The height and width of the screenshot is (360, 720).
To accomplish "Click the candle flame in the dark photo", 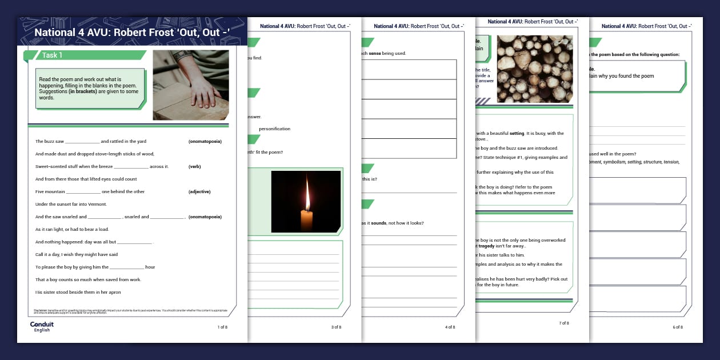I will click(x=307, y=197).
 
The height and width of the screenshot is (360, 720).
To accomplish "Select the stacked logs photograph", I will click(x=535, y=69).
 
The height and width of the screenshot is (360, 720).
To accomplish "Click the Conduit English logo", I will click(x=42, y=326).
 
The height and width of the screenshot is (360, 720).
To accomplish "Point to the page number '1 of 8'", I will click(x=222, y=327).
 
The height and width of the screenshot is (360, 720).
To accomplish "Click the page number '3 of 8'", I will click(x=336, y=327).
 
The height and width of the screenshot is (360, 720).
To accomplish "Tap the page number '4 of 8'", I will click(x=450, y=327).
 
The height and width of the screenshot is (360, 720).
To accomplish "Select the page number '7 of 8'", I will click(x=563, y=323).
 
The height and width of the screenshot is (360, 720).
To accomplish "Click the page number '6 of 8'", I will click(x=678, y=327).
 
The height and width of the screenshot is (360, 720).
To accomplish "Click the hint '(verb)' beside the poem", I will click(x=194, y=166).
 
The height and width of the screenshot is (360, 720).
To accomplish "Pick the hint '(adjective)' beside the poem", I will click(x=199, y=191).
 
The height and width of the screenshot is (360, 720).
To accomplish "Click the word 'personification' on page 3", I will click(x=274, y=129).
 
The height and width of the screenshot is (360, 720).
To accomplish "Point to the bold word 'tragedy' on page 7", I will click(x=486, y=246).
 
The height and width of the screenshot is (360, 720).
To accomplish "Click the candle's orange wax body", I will click(x=307, y=220).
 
